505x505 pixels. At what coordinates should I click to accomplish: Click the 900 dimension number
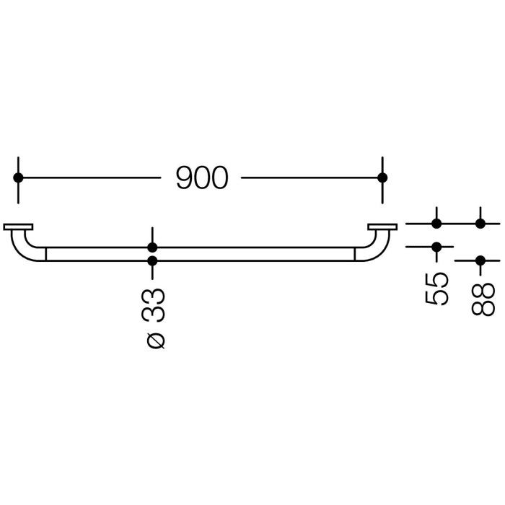click(202, 178)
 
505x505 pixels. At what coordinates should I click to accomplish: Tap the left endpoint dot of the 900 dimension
click(18, 177)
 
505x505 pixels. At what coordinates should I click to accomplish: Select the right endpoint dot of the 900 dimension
click(382, 177)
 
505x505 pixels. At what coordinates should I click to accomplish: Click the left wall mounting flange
click(18, 227)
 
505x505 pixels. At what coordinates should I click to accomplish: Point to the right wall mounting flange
click(382, 227)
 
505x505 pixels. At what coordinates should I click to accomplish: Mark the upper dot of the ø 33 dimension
click(152, 247)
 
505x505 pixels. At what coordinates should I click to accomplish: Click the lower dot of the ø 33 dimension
click(152, 260)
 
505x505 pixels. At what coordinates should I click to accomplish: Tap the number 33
click(153, 304)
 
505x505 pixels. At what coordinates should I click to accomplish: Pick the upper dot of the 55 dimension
click(436, 224)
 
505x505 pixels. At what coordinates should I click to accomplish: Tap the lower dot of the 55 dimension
click(436, 247)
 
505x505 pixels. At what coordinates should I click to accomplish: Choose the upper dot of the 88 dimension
click(480, 224)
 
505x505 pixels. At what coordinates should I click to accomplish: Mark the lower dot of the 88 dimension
click(480, 260)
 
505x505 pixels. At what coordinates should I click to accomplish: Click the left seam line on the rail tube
click(46, 254)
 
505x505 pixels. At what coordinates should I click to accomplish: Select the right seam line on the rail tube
click(354, 254)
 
